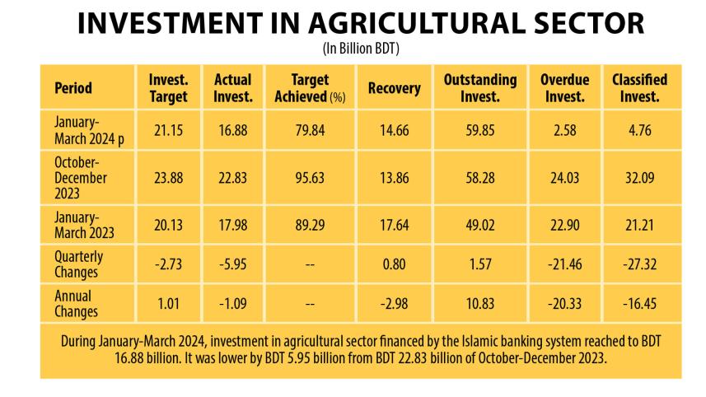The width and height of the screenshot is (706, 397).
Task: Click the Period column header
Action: [x=73, y=88]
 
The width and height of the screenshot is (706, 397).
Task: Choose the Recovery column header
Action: [x=394, y=88]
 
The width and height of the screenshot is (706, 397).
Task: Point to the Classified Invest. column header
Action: [x=639, y=88]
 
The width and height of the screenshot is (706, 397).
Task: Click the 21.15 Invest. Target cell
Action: [x=168, y=128]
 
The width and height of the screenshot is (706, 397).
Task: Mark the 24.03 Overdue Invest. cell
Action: [x=563, y=179]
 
